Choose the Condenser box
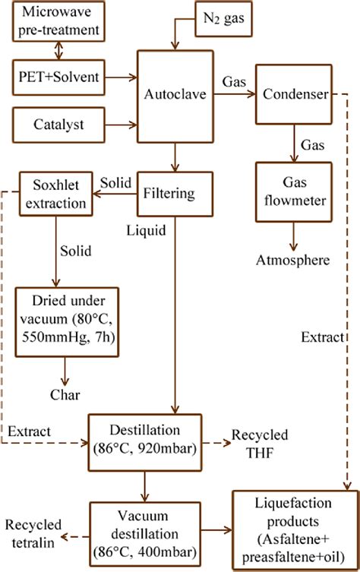pos(292,95)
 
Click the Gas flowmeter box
pos(292,193)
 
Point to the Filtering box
pos(175,194)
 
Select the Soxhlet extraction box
pos(52,194)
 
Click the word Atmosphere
pos(292,261)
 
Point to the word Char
pos(65,395)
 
